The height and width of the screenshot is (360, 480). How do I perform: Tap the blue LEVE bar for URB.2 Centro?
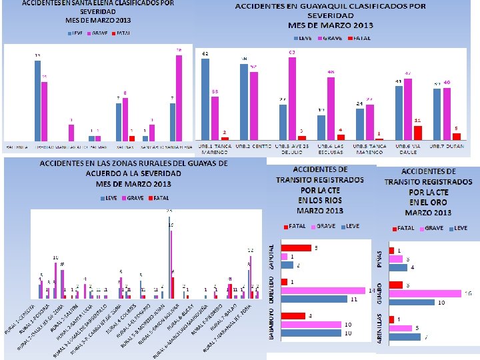click(245, 101)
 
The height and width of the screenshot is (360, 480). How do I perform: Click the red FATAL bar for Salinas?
click(131, 138)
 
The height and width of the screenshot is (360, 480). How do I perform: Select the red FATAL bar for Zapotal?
click(296, 248)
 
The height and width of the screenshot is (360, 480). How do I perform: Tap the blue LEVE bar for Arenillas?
click(405, 337)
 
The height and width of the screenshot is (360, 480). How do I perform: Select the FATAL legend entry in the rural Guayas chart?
click(161, 198)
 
